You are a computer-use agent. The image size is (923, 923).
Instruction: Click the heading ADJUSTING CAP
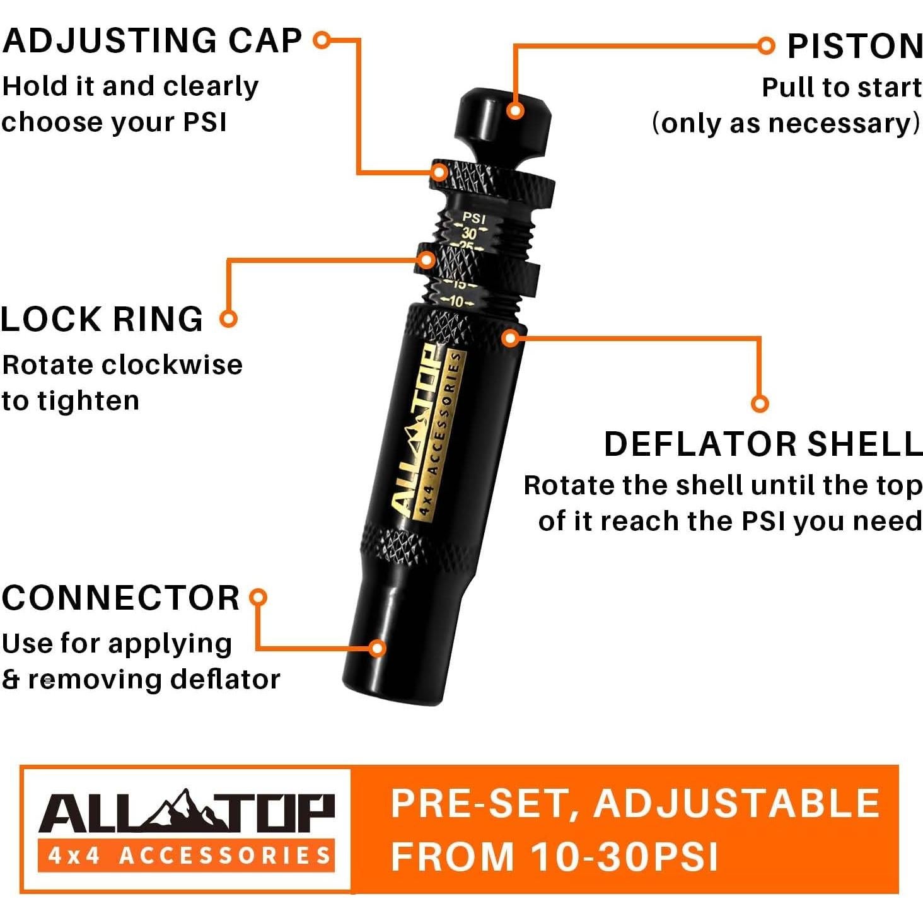(x=152, y=41)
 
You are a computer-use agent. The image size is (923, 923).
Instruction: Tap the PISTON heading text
(x=855, y=47)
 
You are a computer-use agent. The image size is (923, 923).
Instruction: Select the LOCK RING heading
(x=102, y=319)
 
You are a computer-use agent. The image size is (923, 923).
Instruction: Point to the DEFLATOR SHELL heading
(x=763, y=444)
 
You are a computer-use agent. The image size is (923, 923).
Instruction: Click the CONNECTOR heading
(x=120, y=598)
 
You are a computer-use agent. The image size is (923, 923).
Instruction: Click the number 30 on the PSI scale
(x=470, y=233)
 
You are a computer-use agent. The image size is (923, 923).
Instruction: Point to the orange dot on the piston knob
(x=515, y=111)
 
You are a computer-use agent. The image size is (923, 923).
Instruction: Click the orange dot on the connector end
(x=377, y=648)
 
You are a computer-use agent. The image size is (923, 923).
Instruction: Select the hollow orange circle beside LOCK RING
(x=228, y=318)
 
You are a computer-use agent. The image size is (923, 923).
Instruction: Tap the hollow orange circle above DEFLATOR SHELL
(x=760, y=403)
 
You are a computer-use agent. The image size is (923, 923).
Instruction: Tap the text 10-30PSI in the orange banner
(x=624, y=856)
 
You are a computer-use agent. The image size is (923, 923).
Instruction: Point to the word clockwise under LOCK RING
(x=173, y=365)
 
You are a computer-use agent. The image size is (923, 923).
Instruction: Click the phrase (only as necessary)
(x=786, y=123)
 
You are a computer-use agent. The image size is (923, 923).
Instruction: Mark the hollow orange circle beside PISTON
(x=765, y=45)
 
